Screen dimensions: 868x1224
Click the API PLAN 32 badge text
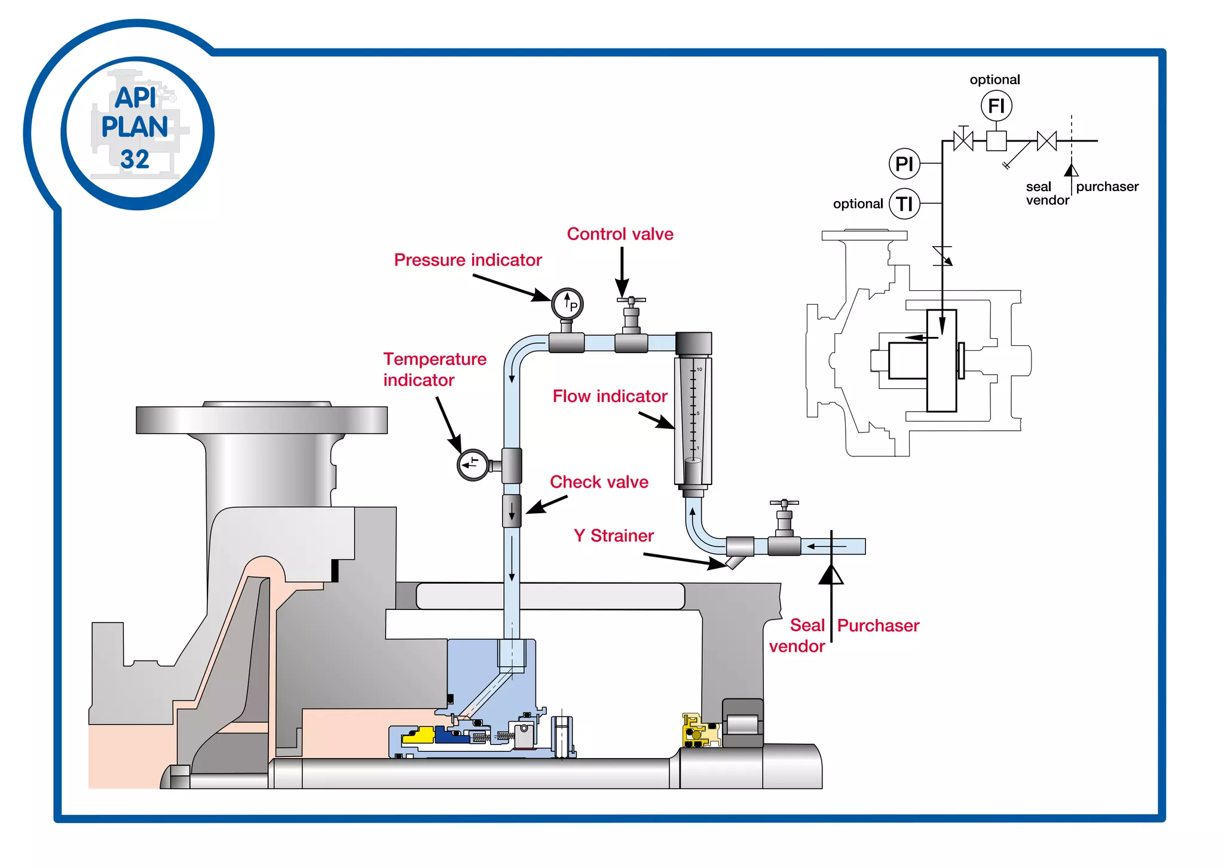pos(135,128)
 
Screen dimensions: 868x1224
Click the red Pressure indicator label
pos(467,260)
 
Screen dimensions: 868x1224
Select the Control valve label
pos(620,234)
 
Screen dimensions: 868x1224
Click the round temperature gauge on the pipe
pos(473,464)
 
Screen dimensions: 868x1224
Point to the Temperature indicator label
pos(434,369)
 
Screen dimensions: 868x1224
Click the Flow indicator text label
pos(610,396)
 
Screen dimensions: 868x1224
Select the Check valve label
pos(599,481)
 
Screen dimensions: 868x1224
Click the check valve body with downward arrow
pos(512,511)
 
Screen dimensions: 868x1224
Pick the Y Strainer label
pos(613,535)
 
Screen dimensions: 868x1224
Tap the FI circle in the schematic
pos(996,106)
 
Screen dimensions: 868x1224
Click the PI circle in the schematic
pos(904,163)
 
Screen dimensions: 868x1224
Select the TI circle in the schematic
pos(904,204)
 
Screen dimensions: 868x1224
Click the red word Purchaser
pos(878,625)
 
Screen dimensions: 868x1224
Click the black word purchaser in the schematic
pos(1107,186)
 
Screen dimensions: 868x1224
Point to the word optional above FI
pos(994,79)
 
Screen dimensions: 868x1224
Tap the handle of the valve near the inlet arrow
pos(784,504)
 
